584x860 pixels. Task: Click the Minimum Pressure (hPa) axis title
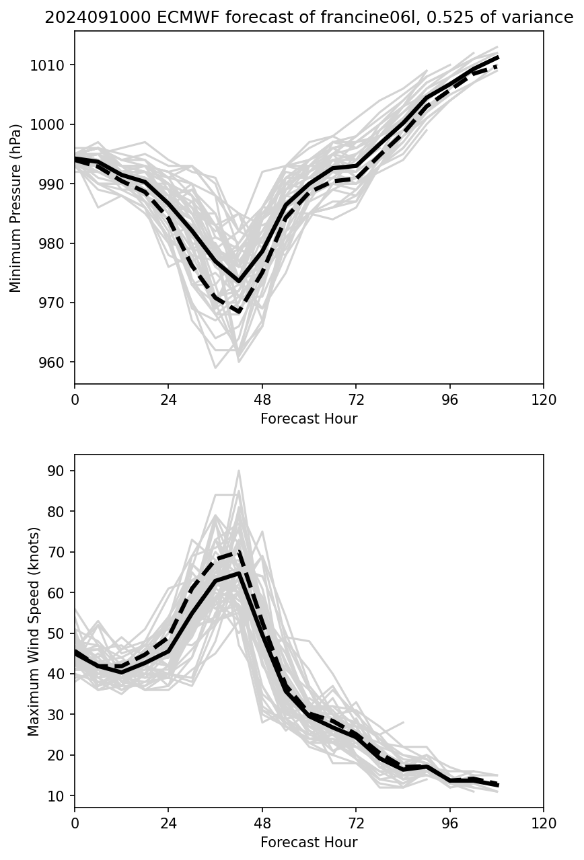point(16,207)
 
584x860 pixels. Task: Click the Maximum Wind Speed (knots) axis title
point(34,631)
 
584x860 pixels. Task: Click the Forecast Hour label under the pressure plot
point(309,419)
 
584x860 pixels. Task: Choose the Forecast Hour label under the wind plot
point(309,843)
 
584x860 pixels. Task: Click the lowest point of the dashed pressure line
point(239,312)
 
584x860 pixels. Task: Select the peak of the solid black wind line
point(239,573)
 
